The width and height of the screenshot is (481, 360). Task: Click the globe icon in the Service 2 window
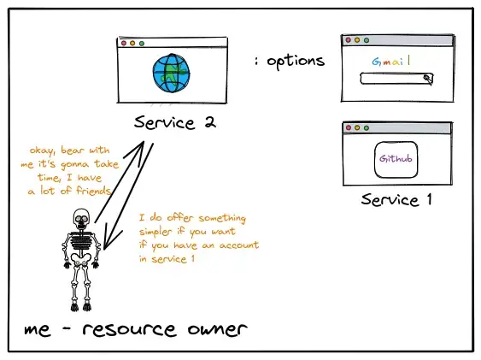tap(172, 73)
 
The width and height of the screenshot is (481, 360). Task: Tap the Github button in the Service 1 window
tap(396, 160)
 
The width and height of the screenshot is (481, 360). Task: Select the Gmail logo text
tap(391, 62)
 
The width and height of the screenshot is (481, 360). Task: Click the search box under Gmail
tap(396, 79)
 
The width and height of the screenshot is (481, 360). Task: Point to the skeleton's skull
tap(81, 219)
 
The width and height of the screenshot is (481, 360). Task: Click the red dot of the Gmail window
tap(349, 40)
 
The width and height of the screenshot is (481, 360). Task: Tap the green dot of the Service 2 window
tap(142, 44)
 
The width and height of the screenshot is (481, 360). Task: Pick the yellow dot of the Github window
tap(357, 127)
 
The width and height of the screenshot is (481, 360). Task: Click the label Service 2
tap(175, 122)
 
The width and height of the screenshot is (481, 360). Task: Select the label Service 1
tap(396, 200)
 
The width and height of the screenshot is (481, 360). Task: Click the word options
tap(296, 61)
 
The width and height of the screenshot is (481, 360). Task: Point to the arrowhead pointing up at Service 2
tap(139, 150)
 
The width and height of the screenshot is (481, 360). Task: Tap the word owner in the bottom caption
tap(217, 329)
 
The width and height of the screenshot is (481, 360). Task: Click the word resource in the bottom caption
tap(130, 329)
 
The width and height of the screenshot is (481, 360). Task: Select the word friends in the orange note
tap(94, 191)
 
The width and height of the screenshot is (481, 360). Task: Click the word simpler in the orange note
tap(156, 232)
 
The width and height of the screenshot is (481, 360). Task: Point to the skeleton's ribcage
tap(81, 240)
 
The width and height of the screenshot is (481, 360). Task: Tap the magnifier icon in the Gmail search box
tap(428, 79)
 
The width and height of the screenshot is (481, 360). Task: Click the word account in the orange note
tap(239, 245)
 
